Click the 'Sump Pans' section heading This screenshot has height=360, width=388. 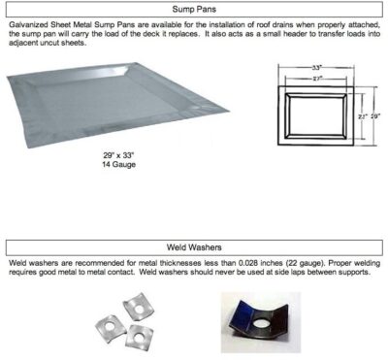point(194,9)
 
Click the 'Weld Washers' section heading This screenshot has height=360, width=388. point(194,247)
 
